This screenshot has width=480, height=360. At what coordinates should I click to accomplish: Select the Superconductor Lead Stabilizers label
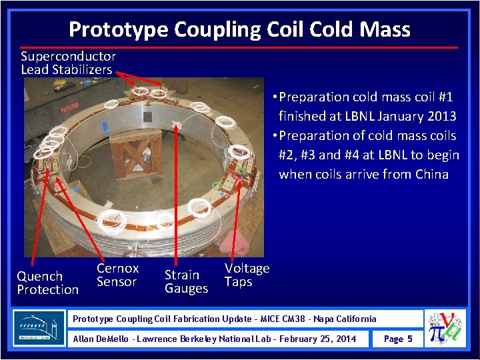pyautogui.click(x=68, y=63)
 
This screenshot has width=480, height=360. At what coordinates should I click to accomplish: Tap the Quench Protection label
pyautogui.click(x=47, y=283)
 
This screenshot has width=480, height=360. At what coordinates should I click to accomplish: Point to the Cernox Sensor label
pyautogui.click(x=117, y=275)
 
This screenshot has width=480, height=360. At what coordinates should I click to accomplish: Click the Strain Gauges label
pyautogui.click(x=186, y=281)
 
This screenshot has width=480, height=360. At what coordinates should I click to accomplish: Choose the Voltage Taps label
pyautogui.click(x=247, y=275)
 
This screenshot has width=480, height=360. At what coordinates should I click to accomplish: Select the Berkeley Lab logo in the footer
pyautogui.click(x=39, y=328)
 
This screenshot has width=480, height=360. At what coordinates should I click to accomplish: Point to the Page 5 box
pyautogui.click(x=398, y=339)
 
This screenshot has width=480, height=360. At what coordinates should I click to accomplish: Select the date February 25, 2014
pyautogui.click(x=317, y=339)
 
